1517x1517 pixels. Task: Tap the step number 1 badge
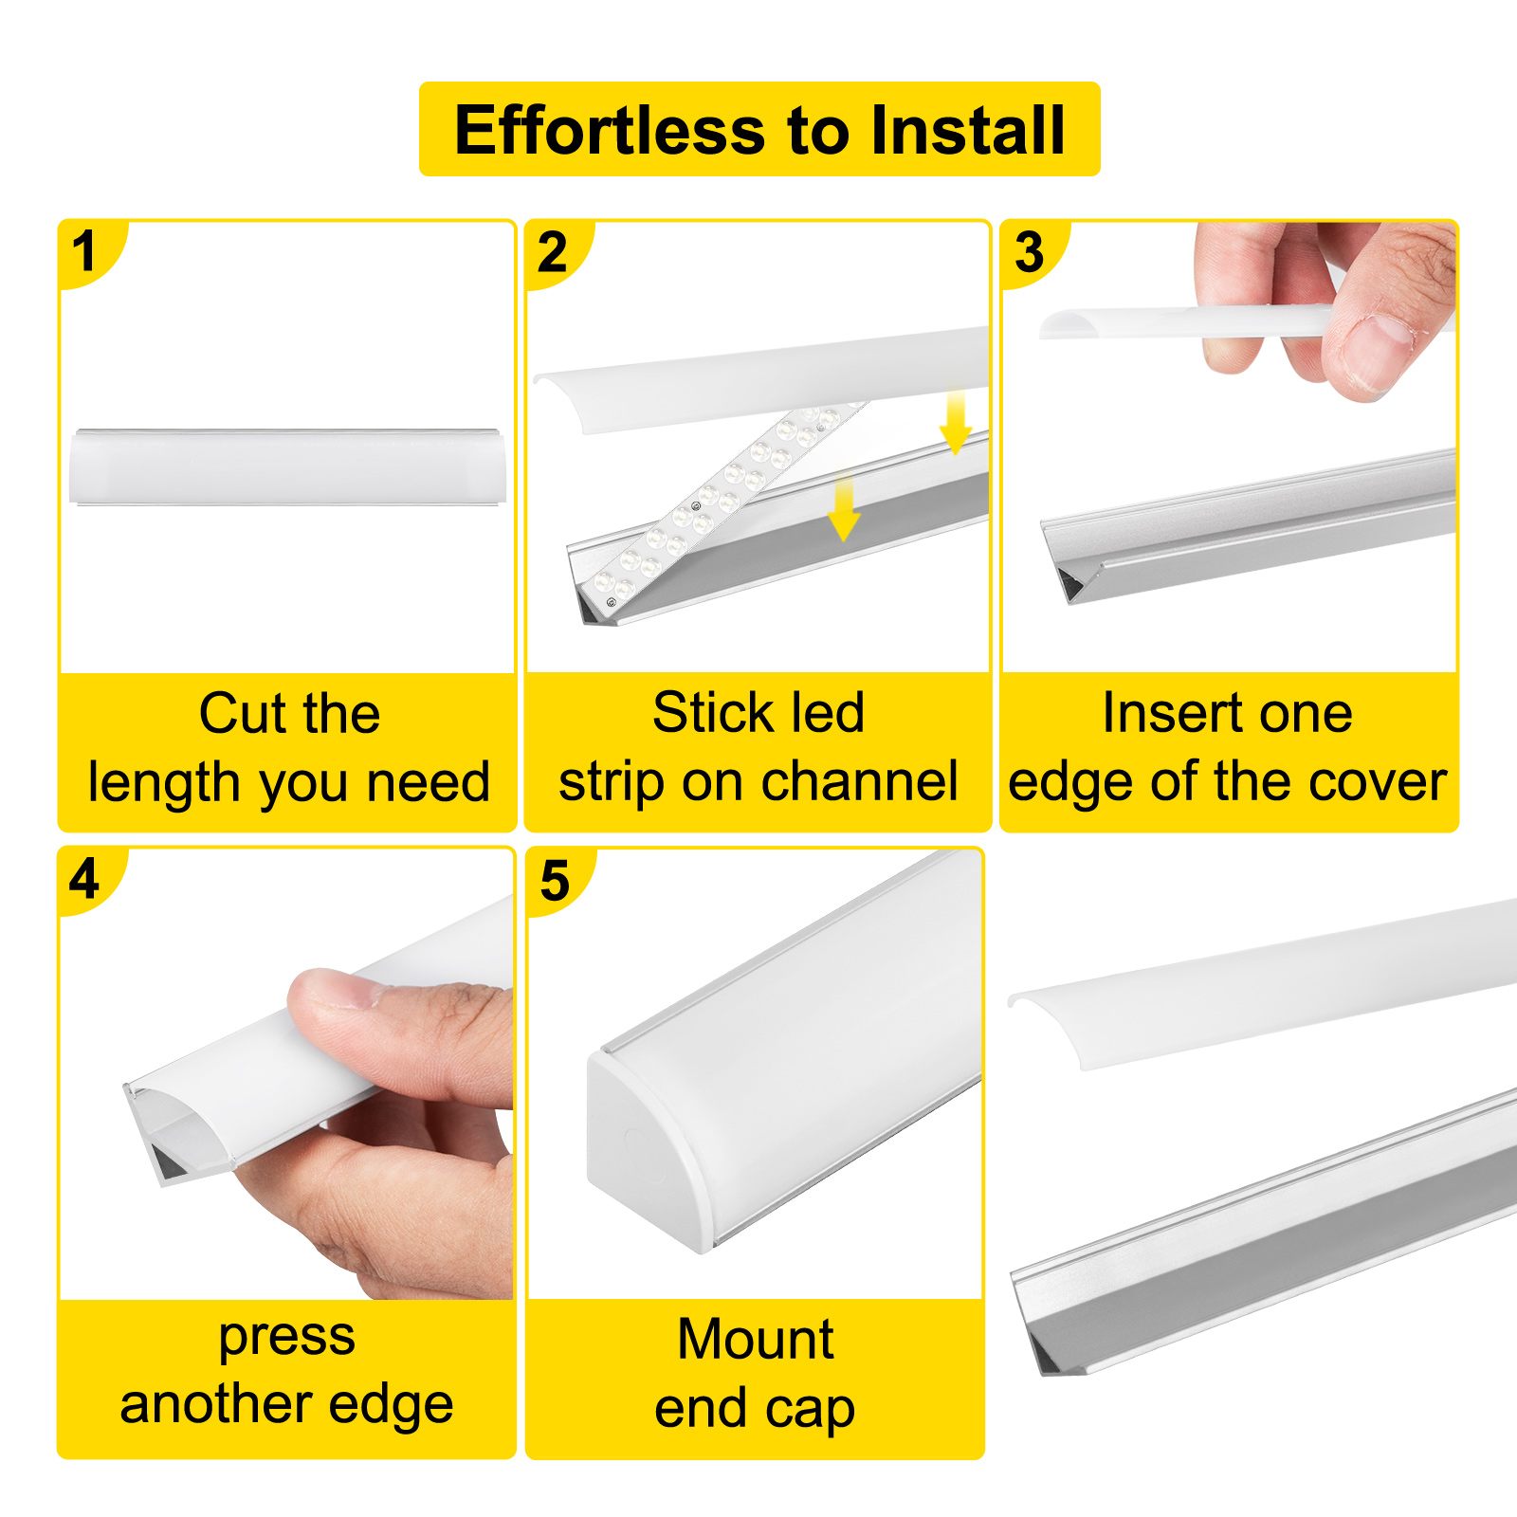pyautogui.click(x=85, y=251)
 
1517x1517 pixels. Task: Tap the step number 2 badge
pyautogui.click(x=553, y=251)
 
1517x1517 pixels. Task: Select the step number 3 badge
pyautogui.click(x=1029, y=251)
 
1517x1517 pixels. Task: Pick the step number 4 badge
pyautogui.click(x=84, y=878)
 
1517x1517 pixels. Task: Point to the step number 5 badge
pyautogui.click(x=555, y=880)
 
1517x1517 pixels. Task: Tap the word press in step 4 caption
pyautogui.click(x=287, y=1337)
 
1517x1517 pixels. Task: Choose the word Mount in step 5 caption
pyautogui.click(x=756, y=1339)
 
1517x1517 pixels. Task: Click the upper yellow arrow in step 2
pyautogui.click(x=955, y=422)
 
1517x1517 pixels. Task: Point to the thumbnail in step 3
pyautogui.click(x=1375, y=351)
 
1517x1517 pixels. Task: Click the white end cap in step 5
pyautogui.click(x=645, y=1147)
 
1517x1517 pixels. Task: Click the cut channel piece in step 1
pyautogui.click(x=287, y=467)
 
